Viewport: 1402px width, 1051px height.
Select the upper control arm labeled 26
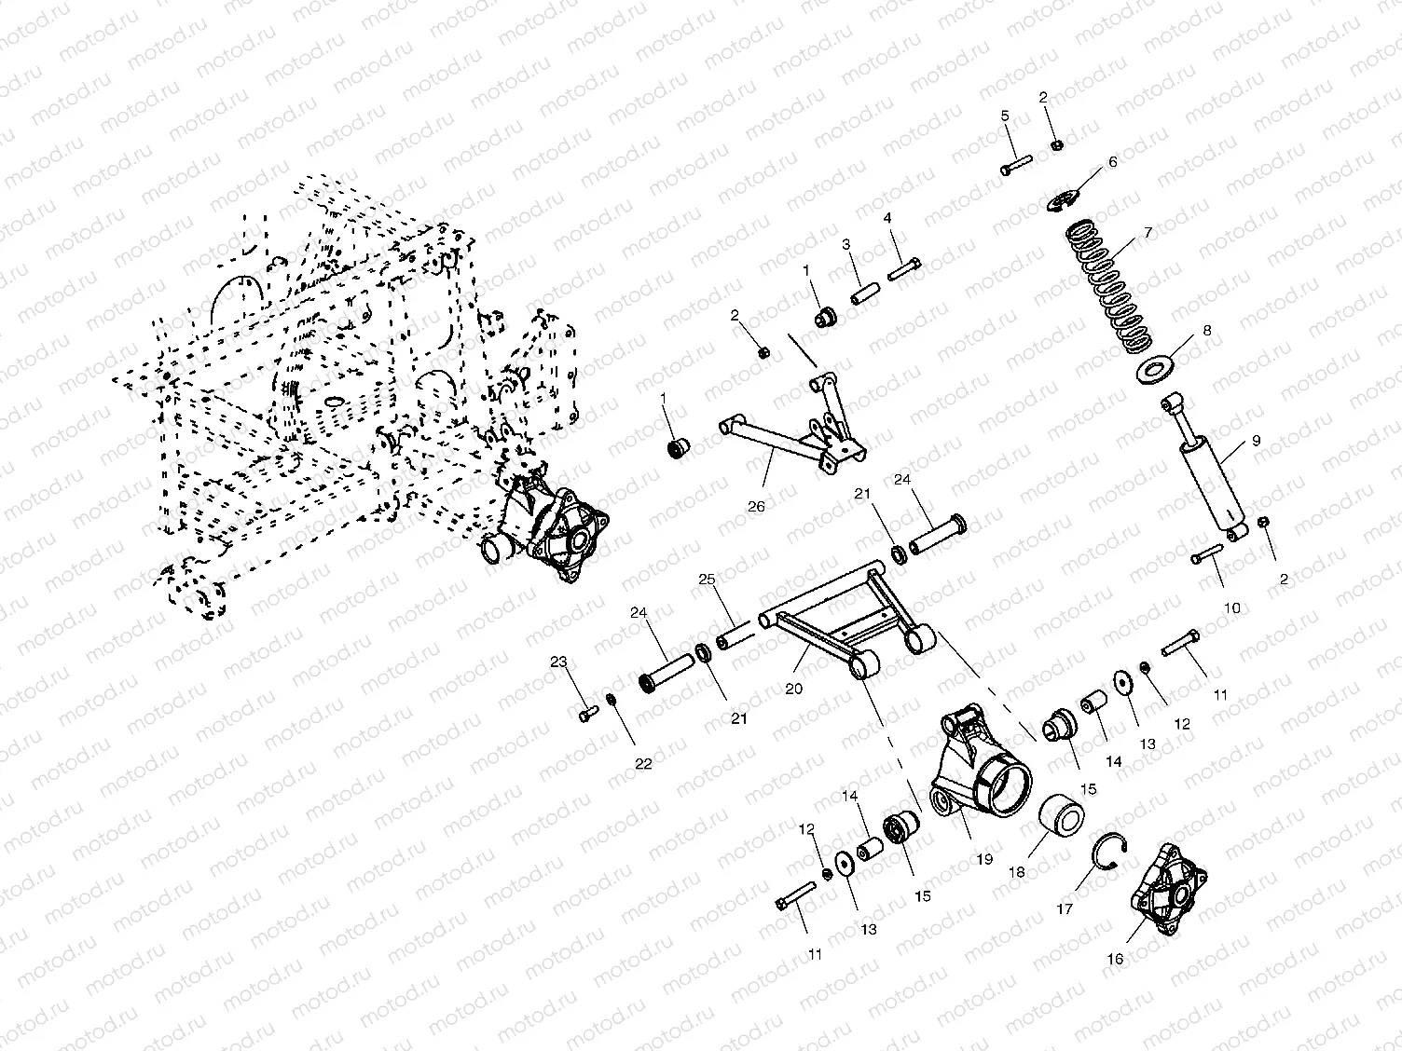(x=792, y=443)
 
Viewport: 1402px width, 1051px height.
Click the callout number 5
(x=1005, y=116)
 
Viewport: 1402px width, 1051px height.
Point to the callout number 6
(x=1112, y=162)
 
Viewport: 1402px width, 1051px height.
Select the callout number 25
(x=706, y=580)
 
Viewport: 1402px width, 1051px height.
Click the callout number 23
(x=558, y=662)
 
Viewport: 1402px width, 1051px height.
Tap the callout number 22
(x=643, y=763)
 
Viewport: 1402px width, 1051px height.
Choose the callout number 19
(x=985, y=861)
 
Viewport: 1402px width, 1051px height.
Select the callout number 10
(x=1230, y=608)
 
